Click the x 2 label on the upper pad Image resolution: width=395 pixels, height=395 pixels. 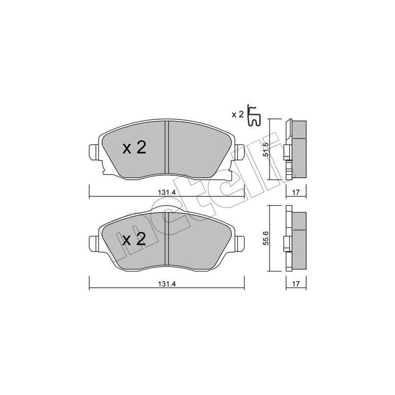pyautogui.click(x=134, y=148)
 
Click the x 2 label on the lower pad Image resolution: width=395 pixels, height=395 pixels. pyautogui.click(x=134, y=239)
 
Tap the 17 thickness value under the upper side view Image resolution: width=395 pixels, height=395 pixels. pyautogui.click(x=296, y=193)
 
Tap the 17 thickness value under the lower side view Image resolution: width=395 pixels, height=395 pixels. pyautogui.click(x=296, y=284)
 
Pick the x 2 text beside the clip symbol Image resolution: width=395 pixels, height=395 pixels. pyautogui.click(x=238, y=115)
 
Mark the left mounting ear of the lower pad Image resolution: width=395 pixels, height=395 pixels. pyautogui.click(x=93, y=242)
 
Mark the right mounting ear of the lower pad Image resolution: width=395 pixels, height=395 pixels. pyautogui.click(x=240, y=242)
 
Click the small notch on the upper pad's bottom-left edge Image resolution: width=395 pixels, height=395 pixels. pyautogui.click(x=104, y=171)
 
